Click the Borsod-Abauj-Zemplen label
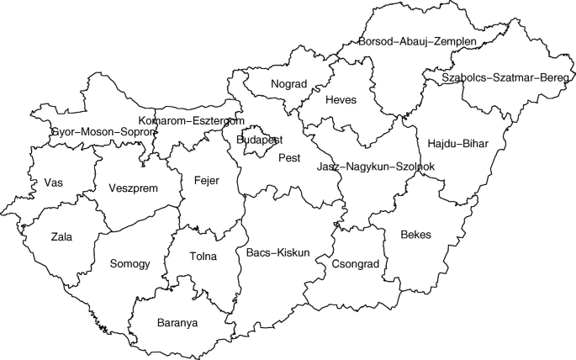pyautogui.click(x=417, y=41)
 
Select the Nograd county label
pyautogui.click(x=288, y=84)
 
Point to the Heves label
pyautogui.click(x=341, y=100)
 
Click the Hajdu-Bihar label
pyautogui.click(x=457, y=143)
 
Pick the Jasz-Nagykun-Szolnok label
pyautogui.click(x=375, y=167)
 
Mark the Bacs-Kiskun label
pyautogui.click(x=278, y=252)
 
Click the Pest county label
pyautogui.click(x=289, y=157)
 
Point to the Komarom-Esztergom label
pyautogui.click(x=192, y=121)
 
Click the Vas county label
pyautogui.click(x=53, y=183)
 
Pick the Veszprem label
pyautogui.click(x=133, y=188)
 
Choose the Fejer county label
pyautogui.click(x=206, y=181)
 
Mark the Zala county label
pyautogui.click(x=61, y=237)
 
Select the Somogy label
pyautogui.click(x=129, y=264)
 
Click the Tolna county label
pyautogui.click(x=203, y=257)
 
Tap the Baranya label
pyautogui.click(x=177, y=322)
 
